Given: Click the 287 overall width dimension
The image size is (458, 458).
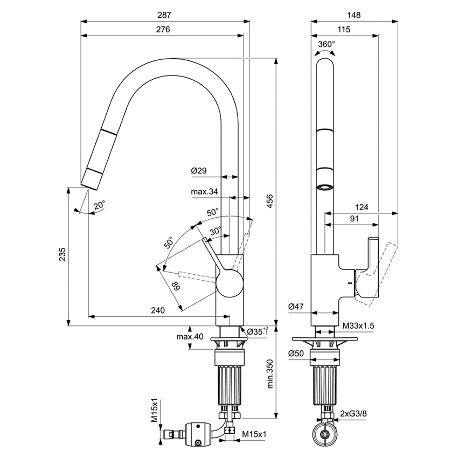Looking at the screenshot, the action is coord(164,15).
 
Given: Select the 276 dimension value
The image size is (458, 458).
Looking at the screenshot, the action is coord(163,29).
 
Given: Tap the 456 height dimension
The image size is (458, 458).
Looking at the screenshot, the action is coord(269,201).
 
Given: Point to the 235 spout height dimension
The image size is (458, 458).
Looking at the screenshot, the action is coord(63,254).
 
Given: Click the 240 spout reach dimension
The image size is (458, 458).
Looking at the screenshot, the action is coord(158,310).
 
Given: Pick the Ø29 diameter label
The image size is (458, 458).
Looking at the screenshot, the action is coord(199,170).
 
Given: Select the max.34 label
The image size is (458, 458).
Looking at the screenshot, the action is coord(204,192).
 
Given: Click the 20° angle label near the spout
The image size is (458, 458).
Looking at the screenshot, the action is coord(99,205).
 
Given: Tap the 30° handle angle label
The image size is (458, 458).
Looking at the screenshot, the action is coord(216,232).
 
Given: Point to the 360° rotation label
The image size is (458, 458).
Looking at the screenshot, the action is coord(327,44).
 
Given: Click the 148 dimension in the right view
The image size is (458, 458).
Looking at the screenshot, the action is coord(354,15).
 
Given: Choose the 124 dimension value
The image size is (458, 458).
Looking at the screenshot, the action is coord(362,207).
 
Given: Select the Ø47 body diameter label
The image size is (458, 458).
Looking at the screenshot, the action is coord(296,307).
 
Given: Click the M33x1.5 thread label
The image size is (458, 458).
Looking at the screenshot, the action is coord(358,325).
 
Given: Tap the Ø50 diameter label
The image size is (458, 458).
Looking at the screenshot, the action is coord(296,353).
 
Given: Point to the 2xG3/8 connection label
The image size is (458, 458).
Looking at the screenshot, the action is coord(353,414).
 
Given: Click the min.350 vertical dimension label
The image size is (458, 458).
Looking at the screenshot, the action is coord(269,374).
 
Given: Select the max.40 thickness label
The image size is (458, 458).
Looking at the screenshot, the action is coord(190,336).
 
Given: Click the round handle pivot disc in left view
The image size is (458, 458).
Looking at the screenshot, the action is coord(230,283).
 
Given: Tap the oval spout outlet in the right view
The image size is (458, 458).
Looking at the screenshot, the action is coord(325,187).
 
